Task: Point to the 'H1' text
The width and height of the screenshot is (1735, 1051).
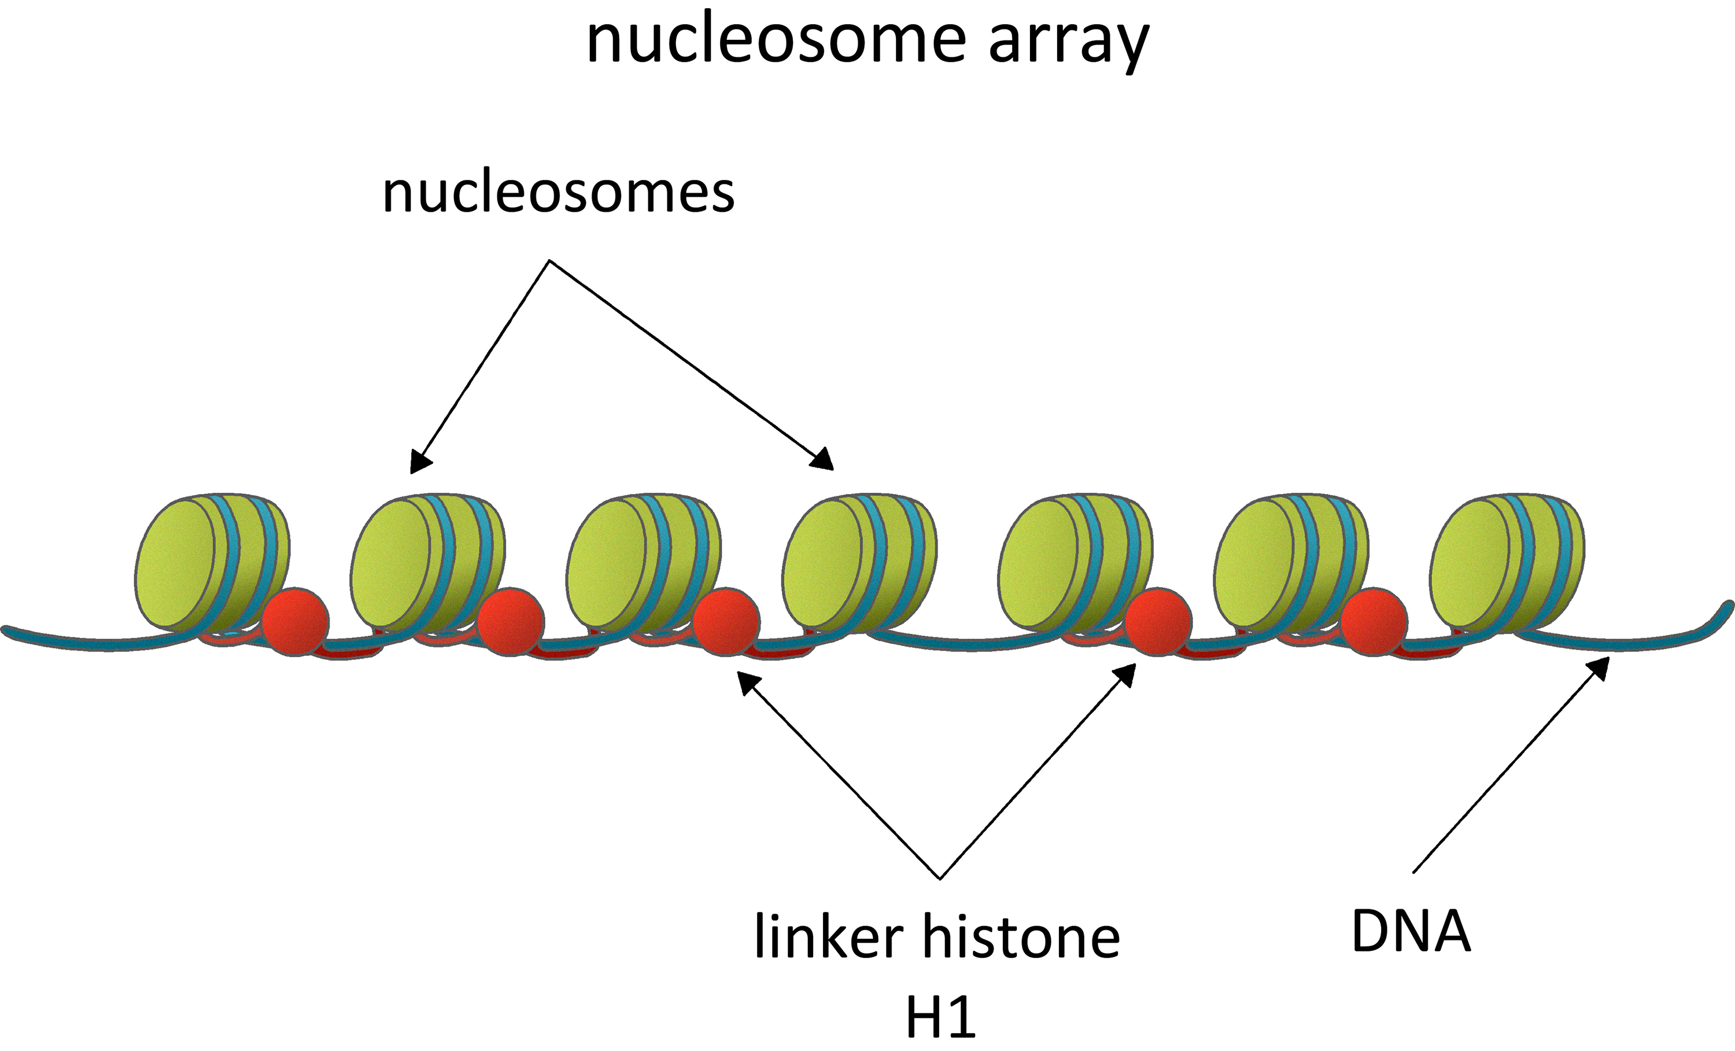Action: point(941,1017)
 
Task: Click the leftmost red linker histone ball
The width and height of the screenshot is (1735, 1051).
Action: point(296,621)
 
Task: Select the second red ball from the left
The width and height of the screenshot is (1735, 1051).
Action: point(511,621)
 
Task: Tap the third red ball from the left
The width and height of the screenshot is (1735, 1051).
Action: point(726,621)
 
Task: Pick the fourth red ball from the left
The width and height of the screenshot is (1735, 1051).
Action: point(1158,621)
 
